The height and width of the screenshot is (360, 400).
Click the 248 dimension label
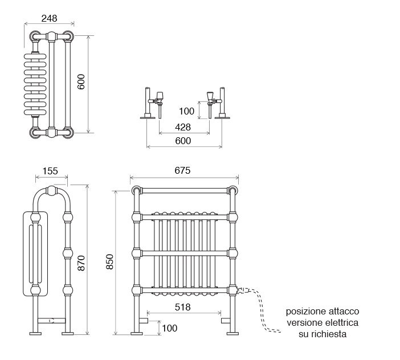49,18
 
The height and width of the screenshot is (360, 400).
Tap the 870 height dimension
81,263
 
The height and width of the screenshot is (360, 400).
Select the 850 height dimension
110,261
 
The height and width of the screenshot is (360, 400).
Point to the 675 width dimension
183,170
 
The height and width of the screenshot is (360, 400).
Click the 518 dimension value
183,307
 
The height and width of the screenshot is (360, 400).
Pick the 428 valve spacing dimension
183,127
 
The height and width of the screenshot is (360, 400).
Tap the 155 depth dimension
50,171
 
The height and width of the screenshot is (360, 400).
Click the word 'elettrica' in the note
342,322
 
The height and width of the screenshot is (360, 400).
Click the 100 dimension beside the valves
186,111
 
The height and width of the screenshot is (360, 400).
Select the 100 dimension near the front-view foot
169,328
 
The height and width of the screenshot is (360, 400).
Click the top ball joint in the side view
52,191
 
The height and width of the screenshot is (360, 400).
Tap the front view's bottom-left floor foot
137,333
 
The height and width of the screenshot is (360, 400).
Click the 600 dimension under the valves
183,141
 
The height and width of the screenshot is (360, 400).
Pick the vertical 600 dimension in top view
81,81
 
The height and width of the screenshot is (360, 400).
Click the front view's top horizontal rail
185,190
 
